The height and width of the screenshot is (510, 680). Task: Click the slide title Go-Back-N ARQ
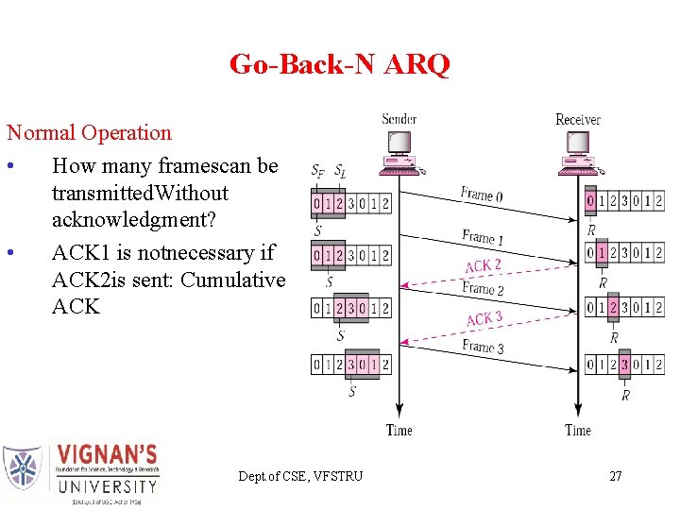tap(339, 64)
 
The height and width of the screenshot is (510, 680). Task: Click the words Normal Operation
tap(89, 133)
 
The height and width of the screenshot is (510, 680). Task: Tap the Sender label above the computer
tap(399, 119)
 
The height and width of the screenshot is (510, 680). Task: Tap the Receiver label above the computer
tap(577, 119)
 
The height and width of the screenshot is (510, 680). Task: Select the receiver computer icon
tap(579, 153)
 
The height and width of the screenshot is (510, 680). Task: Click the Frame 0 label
tap(481, 195)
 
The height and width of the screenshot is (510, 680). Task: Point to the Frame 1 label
tap(482, 236)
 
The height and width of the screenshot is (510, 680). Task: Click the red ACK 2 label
tap(483, 266)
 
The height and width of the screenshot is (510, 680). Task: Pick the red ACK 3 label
tap(484, 319)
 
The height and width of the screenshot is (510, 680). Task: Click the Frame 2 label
tap(482, 289)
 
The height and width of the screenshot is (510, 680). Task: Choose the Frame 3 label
tap(482, 347)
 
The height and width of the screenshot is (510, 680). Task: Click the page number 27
tap(615, 476)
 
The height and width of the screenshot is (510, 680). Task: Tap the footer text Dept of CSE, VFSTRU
tap(300, 476)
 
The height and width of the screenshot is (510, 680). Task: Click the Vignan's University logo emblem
tap(23, 468)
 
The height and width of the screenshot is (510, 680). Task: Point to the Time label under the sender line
tap(399, 431)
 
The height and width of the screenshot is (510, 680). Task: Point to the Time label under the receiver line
tap(577, 431)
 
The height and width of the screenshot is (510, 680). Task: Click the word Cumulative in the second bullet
tap(232, 280)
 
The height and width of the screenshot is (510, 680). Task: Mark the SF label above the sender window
tap(318, 171)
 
